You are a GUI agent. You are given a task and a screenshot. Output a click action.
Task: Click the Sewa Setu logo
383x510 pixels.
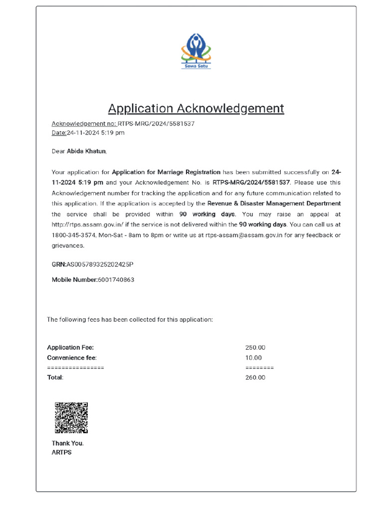tap(196, 51)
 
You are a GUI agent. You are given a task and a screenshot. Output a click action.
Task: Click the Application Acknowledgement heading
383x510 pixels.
tap(196, 109)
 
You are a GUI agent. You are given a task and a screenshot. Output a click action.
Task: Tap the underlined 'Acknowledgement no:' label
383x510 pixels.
tap(84, 124)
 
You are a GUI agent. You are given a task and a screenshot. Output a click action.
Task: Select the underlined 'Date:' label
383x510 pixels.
tap(59, 133)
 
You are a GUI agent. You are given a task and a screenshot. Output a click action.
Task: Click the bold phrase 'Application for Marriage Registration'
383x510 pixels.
tap(166, 172)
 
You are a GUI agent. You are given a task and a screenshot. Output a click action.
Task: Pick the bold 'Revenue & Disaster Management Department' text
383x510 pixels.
tap(274, 203)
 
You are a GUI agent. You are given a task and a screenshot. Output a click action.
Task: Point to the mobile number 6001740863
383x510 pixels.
tap(116, 280)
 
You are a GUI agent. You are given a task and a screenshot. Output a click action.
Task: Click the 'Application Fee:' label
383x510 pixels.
tap(70, 348)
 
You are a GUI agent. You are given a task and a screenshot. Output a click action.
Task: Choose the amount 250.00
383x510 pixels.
tap(255, 348)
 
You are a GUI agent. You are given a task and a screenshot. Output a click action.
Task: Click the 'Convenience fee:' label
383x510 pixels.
tap(72, 358)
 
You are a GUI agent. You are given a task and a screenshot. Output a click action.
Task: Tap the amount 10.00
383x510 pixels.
tap(253, 358)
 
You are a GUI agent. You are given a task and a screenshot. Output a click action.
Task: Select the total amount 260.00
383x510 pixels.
tap(255, 378)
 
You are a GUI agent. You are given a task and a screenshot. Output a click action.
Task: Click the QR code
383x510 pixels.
tap(71, 417)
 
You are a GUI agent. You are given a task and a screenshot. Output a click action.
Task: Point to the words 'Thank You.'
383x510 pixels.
tap(68, 443)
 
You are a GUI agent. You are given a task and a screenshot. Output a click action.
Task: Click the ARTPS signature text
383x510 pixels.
tap(62, 453)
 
